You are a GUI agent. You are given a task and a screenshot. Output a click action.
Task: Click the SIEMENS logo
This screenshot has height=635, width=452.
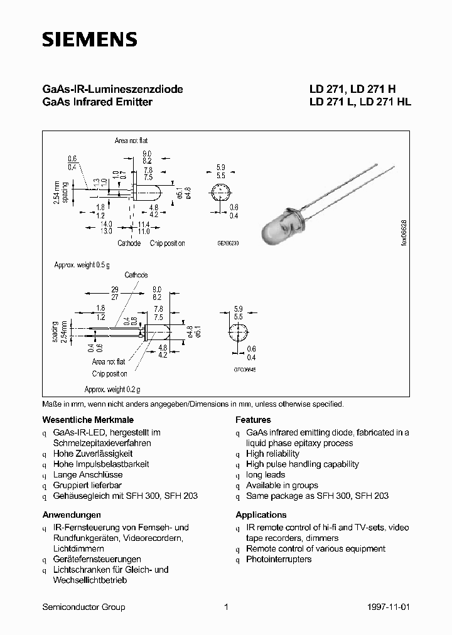(x=89, y=40)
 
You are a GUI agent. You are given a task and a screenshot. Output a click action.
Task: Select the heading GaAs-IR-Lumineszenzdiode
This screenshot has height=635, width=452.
(x=112, y=90)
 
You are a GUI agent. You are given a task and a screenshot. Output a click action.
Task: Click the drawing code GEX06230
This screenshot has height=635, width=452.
(x=229, y=242)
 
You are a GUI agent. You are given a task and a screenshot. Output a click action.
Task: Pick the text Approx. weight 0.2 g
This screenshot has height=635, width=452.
(x=112, y=389)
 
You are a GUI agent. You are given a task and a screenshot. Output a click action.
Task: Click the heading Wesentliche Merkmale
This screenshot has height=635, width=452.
(x=88, y=420)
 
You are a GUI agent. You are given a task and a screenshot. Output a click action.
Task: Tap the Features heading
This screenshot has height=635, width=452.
(x=253, y=420)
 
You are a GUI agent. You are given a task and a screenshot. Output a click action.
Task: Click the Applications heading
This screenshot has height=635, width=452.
(x=261, y=515)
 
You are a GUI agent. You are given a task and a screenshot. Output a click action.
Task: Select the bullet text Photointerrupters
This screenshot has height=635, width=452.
(x=279, y=559)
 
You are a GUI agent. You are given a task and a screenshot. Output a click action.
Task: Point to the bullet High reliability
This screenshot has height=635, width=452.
(x=272, y=454)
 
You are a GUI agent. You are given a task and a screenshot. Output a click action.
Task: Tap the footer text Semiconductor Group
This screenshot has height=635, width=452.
(x=83, y=607)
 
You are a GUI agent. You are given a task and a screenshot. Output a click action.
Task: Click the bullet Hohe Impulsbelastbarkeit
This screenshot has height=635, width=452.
(x=101, y=464)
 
